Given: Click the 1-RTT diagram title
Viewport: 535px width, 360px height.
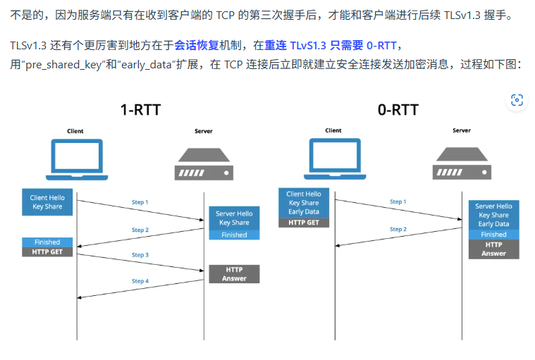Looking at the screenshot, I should (140, 110).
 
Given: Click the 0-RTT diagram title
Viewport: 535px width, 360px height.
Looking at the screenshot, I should (398, 110).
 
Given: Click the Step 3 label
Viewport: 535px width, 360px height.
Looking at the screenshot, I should (140, 255).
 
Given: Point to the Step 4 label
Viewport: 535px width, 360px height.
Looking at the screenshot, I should (140, 281).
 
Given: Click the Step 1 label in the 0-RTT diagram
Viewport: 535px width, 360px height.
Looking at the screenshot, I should (398, 202).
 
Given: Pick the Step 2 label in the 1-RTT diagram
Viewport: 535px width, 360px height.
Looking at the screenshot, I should (140, 230).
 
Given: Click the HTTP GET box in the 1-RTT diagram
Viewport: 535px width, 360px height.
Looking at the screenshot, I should (47, 252).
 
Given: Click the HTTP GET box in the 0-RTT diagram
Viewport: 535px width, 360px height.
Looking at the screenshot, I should (304, 223).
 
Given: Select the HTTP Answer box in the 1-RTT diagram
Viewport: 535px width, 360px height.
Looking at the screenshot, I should (234, 274).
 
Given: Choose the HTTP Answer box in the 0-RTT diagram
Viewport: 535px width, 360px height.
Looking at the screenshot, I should (493, 249).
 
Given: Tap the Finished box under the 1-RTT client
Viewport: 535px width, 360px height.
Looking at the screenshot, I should (47, 242).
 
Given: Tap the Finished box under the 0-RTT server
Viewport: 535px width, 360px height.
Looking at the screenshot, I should (493, 235).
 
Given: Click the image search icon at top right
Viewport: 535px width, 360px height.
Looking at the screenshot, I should (517, 100).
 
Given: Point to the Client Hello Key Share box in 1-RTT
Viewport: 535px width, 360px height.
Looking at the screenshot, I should (47, 202).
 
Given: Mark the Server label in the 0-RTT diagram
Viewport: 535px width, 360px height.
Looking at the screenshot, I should (462, 130).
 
